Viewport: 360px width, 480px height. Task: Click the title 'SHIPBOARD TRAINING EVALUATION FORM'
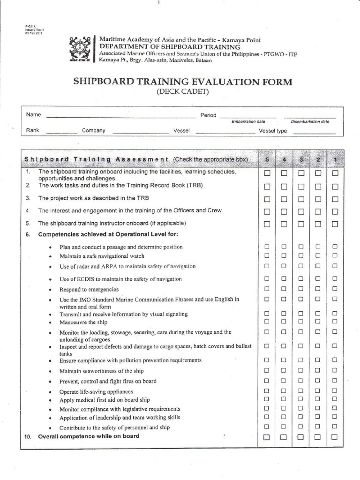(183, 82)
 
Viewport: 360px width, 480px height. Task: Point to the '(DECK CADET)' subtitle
(183, 92)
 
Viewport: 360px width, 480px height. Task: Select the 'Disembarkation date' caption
(310, 122)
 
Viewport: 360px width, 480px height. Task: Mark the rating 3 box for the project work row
(301, 199)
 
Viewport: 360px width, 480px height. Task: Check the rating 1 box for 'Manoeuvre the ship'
(335, 322)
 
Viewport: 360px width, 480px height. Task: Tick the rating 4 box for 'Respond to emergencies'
(284, 289)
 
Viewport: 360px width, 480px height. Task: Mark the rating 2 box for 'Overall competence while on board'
(318, 437)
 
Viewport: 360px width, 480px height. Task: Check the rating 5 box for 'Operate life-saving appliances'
(267, 390)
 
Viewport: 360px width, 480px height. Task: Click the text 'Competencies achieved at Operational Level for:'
(108, 234)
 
